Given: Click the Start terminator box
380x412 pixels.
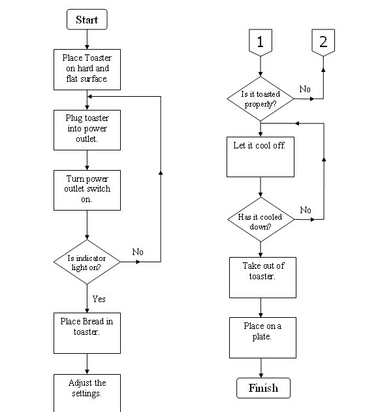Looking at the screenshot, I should [x=87, y=20].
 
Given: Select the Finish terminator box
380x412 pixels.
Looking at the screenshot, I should [x=262, y=388].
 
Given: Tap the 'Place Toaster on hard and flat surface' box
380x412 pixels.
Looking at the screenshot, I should [x=87, y=69].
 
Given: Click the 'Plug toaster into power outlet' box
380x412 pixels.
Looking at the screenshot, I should [x=87, y=129].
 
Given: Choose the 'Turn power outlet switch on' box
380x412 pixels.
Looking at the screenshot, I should [x=87, y=190].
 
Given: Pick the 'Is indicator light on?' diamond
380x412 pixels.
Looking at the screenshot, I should [x=87, y=261].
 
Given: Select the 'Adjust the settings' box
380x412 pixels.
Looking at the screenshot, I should [x=87, y=391].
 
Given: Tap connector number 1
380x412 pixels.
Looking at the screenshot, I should [x=261, y=43].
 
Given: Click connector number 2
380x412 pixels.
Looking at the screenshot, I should [x=323, y=43].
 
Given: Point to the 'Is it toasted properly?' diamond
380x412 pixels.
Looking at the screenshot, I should [x=261, y=99].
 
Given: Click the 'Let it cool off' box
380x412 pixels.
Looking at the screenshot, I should [x=261, y=156].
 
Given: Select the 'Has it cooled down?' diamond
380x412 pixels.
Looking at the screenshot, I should [x=261, y=220].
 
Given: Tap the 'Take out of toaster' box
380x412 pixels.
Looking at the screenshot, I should [x=261, y=276].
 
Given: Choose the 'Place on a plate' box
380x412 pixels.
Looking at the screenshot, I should [x=261, y=337].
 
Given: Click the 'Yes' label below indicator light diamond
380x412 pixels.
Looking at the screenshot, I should [x=99, y=299].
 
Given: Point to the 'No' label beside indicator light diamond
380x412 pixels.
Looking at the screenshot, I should [x=138, y=252].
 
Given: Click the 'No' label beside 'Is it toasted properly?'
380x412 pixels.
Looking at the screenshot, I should [x=305, y=88].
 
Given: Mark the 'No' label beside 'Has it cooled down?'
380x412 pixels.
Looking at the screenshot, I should [x=306, y=210].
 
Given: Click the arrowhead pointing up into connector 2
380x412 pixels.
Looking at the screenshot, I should [x=323, y=61].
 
